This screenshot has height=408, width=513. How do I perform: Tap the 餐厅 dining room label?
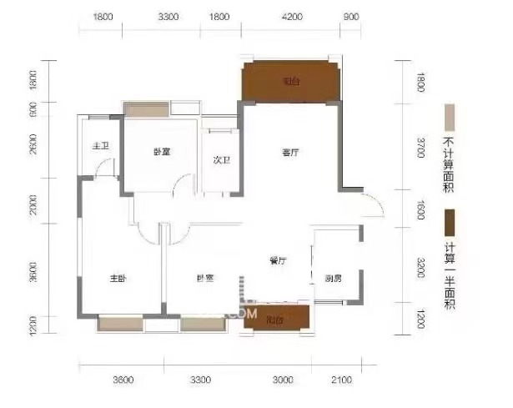(278, 261)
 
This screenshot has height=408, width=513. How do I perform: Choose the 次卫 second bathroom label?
(221, 159)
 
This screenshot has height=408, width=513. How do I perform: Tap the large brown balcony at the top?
(290, 82)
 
